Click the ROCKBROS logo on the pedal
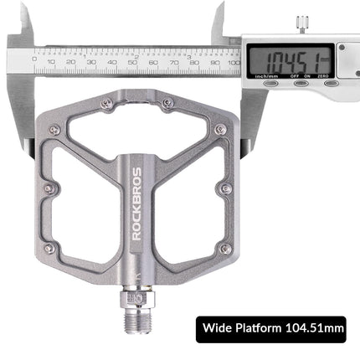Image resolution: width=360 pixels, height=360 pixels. pos(136,204)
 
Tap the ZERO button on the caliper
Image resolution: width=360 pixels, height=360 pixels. pos(332,82)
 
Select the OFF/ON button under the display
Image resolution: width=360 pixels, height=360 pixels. pos(301,82)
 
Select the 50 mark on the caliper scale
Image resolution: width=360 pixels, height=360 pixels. pos(132,61)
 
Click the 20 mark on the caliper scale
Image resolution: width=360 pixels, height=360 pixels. pos(72,61)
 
